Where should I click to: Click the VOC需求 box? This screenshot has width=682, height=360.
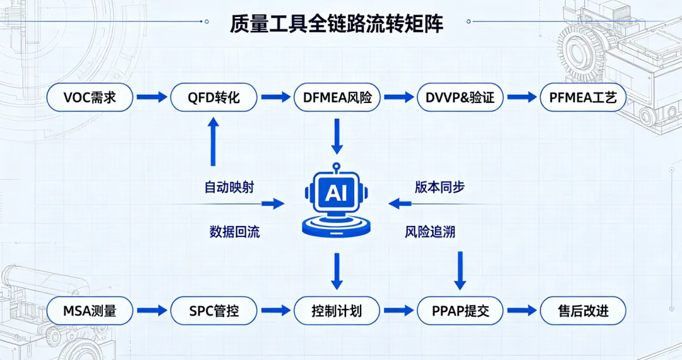[x=90, y=97]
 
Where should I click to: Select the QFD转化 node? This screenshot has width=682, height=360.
[x=213, y=97]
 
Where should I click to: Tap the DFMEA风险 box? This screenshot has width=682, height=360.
[x=337, y=97]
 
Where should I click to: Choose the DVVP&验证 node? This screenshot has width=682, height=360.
[x=460, y=97]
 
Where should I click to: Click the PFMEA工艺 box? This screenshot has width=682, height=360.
[x=583, y=97]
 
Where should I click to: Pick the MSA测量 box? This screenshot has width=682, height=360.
[x=90, y=311]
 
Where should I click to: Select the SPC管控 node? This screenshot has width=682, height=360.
[x=213, y=311]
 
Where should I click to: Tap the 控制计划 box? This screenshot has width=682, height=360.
[x=337, y=311]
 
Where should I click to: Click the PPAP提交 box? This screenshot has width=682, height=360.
[x=460, y=311]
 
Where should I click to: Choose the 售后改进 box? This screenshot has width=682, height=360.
[x=583, y=311]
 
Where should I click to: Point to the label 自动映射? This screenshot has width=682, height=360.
[x=229, y=188]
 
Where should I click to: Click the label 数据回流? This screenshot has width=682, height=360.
[x=234, y=232]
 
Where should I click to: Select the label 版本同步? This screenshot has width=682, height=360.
[x=440, y=187]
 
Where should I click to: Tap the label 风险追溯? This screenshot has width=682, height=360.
[x=430, y=232]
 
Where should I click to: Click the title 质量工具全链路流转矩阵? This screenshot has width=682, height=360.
[x=337, y=23]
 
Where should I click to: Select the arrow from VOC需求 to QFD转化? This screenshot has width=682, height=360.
[x=152, y=97]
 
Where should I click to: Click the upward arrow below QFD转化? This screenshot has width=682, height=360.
[x=213, y=141]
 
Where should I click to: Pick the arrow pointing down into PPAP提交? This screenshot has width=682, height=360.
[x=460, y=270]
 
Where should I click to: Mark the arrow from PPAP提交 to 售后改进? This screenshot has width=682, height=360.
[x=522, y=311]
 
